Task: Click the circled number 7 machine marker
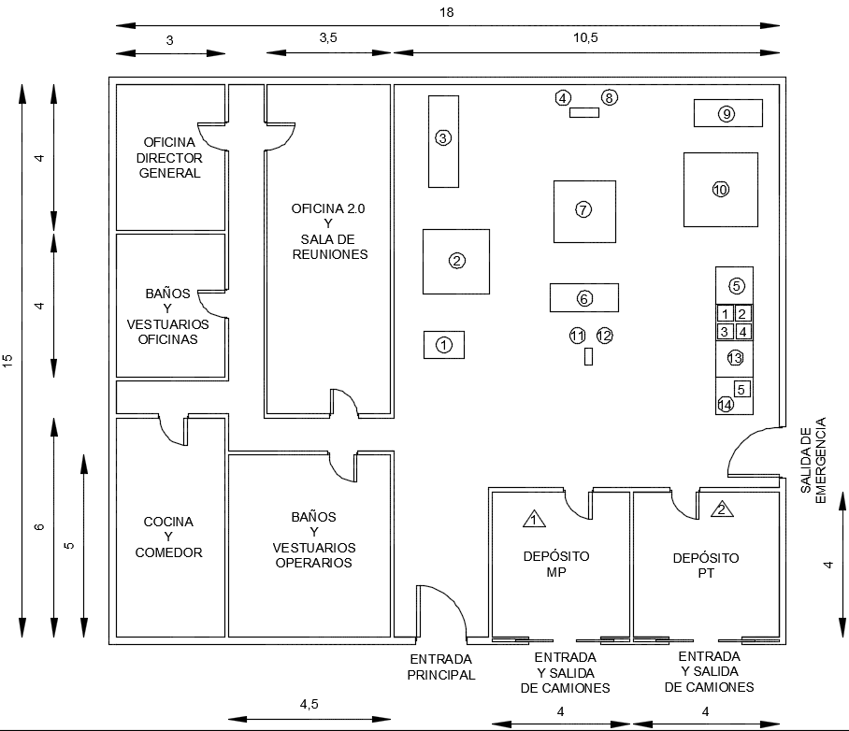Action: (583, 209)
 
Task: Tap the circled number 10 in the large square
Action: (720, 189)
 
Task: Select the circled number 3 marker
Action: (443, 138)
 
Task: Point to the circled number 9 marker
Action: (727, 114)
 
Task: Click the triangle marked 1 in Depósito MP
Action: (533, 518)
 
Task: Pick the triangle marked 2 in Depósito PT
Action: (722, 509)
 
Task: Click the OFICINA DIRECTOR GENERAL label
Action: (169, 157)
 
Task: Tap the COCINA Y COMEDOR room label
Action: (168, 537)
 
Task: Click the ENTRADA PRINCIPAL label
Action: (441, 666)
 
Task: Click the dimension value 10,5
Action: (588, 38)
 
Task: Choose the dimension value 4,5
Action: (309, 704)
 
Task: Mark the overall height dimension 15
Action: (8, 360)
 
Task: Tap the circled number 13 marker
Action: (734, 358)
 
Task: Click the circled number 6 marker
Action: (583, 298)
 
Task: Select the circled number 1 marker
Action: (444, 345)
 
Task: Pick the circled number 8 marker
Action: (610, 97)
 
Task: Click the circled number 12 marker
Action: (604, 335)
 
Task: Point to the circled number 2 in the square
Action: (456, 261)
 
